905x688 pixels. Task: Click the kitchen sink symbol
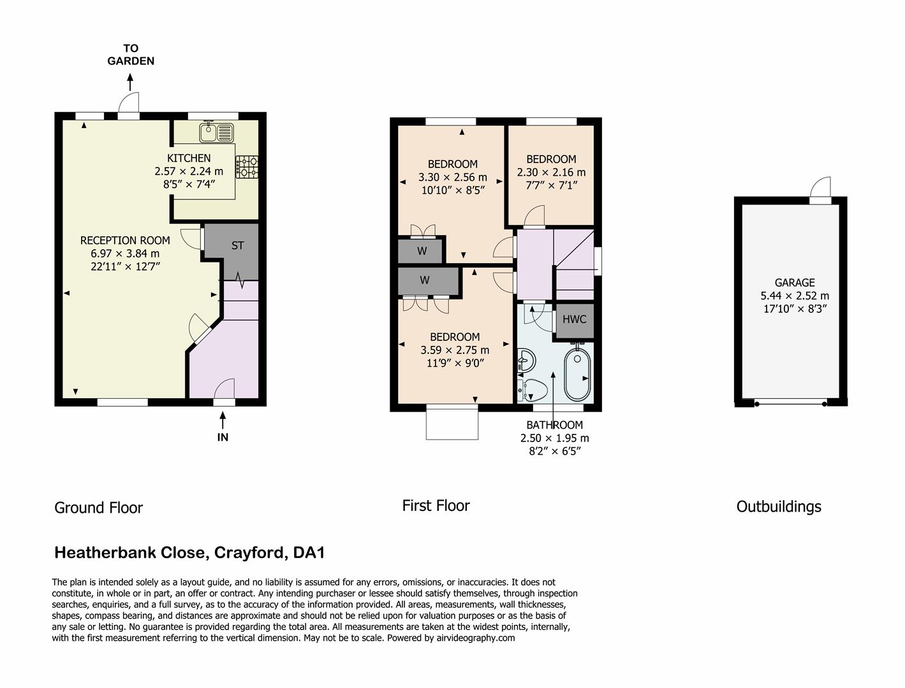[216, 133]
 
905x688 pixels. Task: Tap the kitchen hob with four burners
[247, 167]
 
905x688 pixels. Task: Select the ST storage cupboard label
[237, 245]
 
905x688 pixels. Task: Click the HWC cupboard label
[574, 319]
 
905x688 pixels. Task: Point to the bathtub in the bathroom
[578, 374]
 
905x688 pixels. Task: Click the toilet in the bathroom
[533, 389]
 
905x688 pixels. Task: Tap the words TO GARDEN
[131, 55]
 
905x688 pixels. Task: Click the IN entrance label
[223, 437]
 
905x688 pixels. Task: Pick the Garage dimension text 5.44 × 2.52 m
[795, 296]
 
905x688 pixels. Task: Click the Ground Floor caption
[98, 508]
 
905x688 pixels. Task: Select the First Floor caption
[436, 506]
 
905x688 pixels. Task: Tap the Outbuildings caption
[779, 506]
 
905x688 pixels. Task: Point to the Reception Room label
[125, 240]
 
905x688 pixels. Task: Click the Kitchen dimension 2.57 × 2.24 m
[189, 171]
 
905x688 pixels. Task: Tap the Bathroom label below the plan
[554, 425]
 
